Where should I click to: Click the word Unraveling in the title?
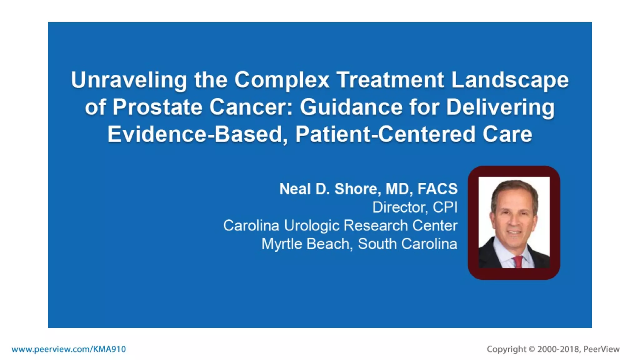(129, 80)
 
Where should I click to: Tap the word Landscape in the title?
(510, 80)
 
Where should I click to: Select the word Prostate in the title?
(157, 107)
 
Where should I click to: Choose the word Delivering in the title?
(500, 107)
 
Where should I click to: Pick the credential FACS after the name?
(437, 189)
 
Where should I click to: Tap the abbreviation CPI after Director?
(445, 207)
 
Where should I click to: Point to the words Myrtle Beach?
(305, 244)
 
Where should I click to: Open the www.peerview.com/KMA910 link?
(69, 349)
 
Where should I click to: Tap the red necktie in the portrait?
(517, 262)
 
